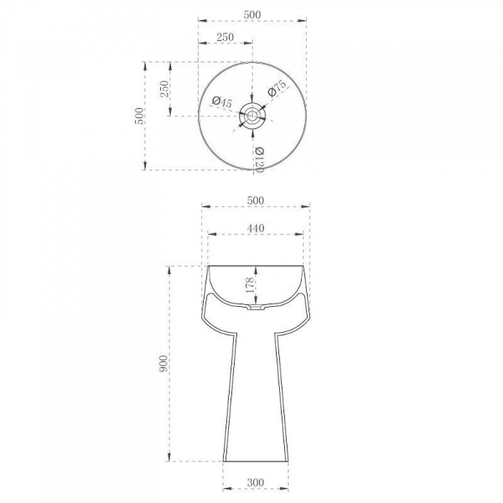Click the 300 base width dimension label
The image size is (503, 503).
255,482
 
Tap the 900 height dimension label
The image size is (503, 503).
163,363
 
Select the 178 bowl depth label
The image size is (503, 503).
250,285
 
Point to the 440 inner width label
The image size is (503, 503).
256,228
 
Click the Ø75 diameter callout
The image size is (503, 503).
277,88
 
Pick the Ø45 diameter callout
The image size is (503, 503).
222,102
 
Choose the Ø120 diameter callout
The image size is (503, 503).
259,160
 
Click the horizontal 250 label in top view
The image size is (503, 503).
225,37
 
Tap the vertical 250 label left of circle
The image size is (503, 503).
164,89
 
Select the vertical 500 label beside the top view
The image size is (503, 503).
139,116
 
